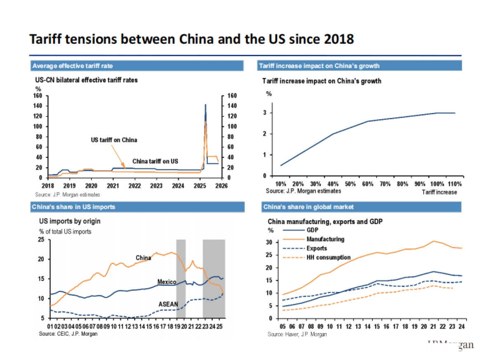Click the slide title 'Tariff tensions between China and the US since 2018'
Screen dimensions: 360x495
(191, 39)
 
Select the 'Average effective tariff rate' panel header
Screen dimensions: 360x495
(72, 66)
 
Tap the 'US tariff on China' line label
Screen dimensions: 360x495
(114, 140)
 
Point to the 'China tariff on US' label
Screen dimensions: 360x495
(155, 161)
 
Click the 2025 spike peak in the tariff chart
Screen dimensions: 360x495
(205, 105)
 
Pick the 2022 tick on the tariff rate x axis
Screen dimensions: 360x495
(134, 186)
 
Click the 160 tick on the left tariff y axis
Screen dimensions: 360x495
(38, 96)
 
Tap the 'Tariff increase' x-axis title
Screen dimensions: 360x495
(439, 192)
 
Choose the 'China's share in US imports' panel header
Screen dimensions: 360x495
(73, 207)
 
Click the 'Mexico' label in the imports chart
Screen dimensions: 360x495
(167, 282)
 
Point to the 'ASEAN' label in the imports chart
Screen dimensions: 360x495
(168, 304)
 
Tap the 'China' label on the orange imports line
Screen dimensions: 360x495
(143, 258)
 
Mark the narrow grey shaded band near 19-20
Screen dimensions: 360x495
(181, 278)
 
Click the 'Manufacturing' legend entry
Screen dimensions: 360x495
(325, 239)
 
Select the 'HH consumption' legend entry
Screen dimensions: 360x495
(328, 257)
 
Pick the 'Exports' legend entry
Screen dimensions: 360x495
(316, 248)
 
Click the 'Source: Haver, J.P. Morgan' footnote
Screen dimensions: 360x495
(297, 334)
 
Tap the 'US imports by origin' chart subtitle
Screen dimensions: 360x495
(70, 221)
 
